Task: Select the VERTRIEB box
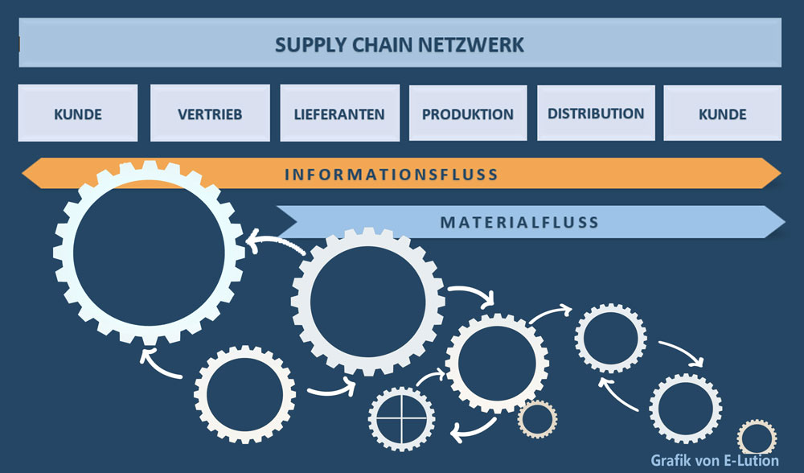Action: point(210,113)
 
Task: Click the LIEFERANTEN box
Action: point(339,113)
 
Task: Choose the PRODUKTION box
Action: point(468,113)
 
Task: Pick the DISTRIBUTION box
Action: point(596,113)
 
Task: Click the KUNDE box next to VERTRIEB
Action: point(78,113)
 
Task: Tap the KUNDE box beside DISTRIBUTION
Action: point(722,113)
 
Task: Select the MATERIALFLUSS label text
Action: point(519,222)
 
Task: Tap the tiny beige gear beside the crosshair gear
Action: point(536,419)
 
